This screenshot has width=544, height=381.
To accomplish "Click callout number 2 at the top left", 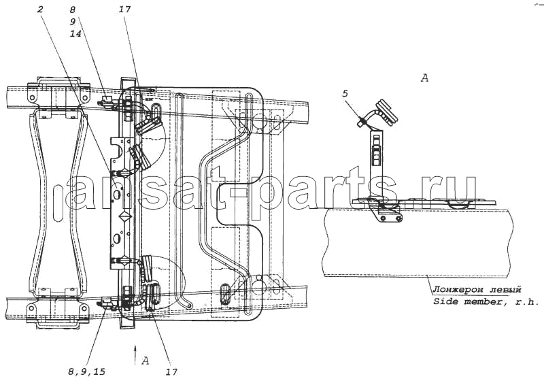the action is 40,9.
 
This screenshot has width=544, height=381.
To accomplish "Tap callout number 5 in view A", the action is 345,94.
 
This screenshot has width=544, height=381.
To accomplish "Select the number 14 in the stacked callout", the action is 75,33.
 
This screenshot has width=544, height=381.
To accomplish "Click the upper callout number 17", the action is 124,9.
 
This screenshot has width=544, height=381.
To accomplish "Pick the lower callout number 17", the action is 171,372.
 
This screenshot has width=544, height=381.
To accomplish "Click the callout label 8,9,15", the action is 87,372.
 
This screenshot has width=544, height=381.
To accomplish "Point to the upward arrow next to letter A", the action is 135,354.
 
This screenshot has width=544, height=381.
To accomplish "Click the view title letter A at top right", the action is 424,78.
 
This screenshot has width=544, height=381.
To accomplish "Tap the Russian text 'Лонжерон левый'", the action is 477,289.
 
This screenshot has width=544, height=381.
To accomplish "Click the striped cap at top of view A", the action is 385,112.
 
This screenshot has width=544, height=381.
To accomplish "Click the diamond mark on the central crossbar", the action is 124,217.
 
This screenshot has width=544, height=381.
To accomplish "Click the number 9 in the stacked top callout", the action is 73,22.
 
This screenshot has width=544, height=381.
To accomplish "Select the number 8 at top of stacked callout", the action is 73,10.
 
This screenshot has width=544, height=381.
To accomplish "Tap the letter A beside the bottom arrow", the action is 146,361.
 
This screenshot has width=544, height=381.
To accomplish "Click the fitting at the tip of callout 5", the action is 362,122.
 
